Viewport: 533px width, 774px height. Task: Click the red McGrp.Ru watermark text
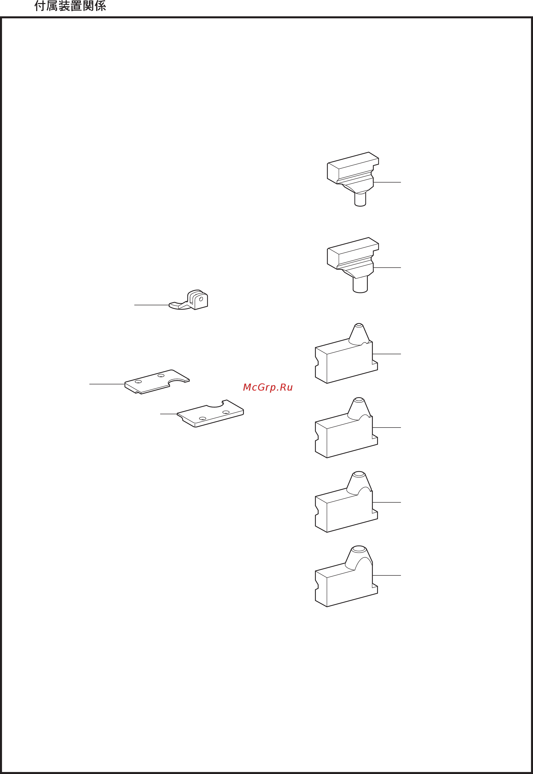(268, 387)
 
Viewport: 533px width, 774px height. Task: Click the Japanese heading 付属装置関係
(70, 6)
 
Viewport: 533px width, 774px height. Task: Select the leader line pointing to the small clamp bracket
(152, 305)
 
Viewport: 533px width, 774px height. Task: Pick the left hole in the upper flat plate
(138, 381)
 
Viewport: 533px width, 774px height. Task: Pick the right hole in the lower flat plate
(226, 412)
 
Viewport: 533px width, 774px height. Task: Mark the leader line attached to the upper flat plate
(107, 384)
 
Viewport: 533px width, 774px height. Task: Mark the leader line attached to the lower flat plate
(169, 414)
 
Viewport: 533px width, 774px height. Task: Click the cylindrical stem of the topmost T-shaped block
(360, 199)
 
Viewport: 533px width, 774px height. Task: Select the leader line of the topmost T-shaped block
(387, 182)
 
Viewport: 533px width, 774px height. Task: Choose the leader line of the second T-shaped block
(387, 267)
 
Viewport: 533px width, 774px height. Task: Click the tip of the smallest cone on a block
(359, 325)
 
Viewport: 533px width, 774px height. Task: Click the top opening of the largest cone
(359, 549)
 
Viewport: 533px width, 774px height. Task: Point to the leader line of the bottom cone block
(387, 575)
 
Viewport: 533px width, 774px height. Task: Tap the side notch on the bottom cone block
(317, 585)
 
